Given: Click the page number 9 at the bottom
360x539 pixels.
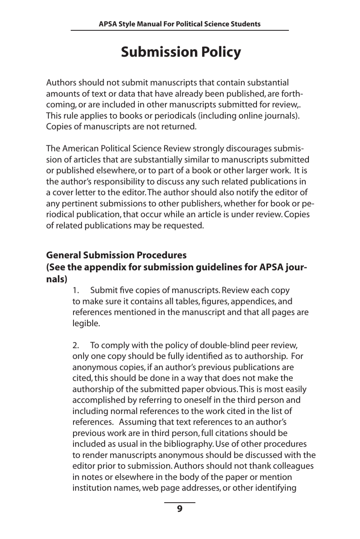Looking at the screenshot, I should tap(180, 509).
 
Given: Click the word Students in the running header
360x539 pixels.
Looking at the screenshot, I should tap(247, 24).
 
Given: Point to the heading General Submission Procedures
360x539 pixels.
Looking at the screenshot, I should tap(116, 255).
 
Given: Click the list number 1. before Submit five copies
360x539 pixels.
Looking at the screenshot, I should tap(76, 291).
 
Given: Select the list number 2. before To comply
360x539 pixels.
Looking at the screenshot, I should tap(76, 345).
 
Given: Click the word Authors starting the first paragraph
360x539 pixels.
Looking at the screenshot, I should tap(61, 83).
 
